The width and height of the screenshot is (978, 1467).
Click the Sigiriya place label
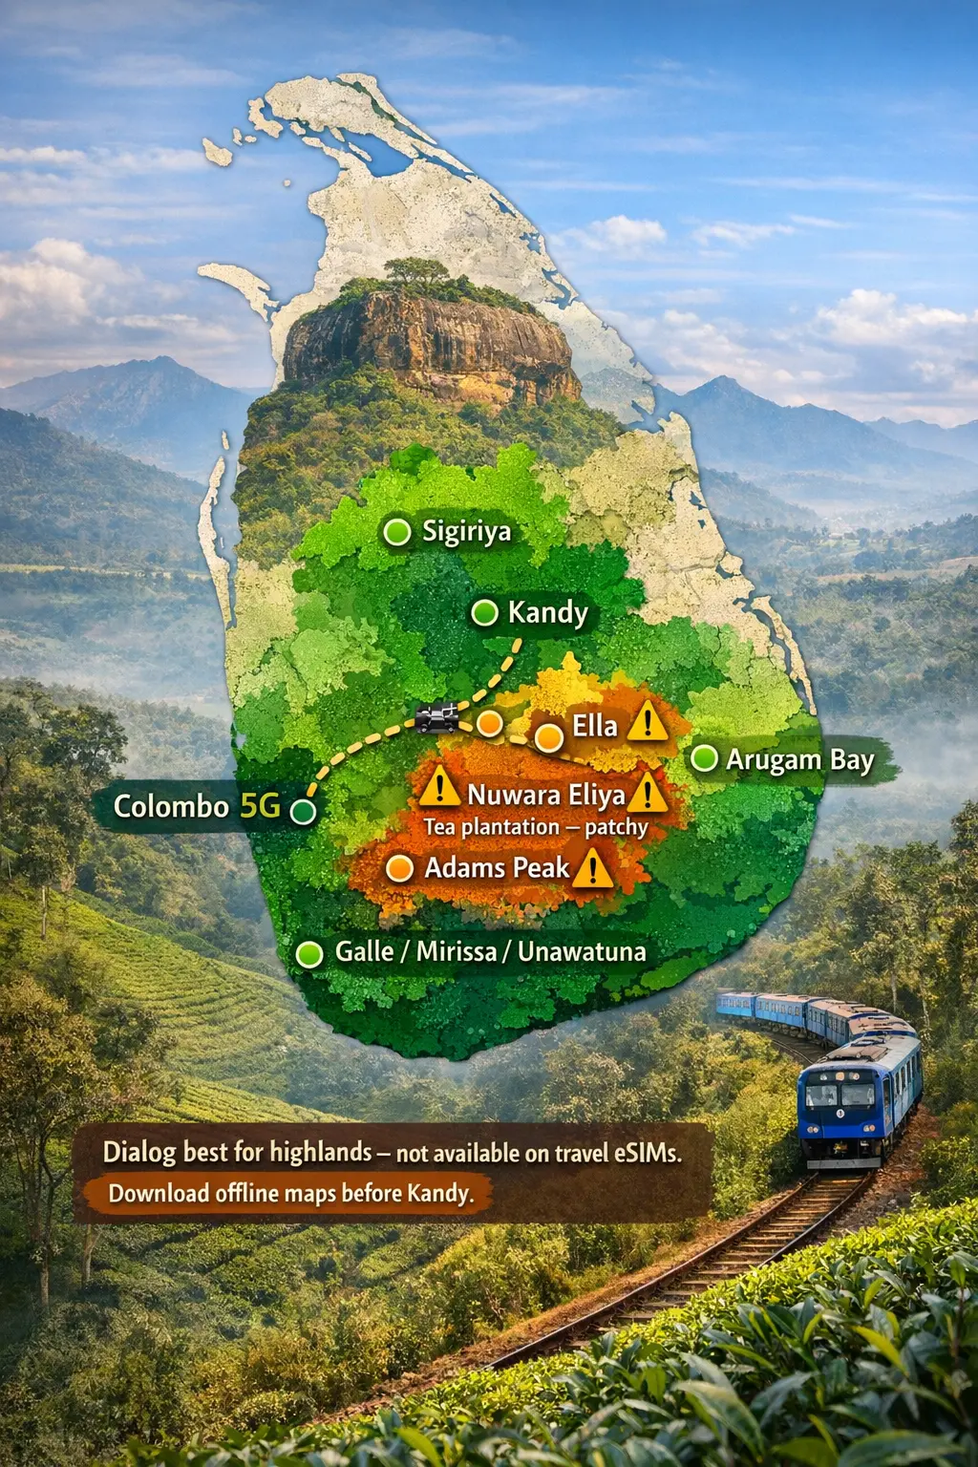466,531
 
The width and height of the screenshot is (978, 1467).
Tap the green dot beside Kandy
485,612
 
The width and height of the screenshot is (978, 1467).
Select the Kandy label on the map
547,612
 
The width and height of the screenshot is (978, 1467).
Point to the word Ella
594,726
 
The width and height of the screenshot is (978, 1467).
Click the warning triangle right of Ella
648,721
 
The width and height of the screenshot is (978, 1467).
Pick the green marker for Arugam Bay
704,758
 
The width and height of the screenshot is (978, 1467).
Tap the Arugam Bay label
799,760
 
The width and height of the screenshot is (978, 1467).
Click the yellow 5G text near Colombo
260,806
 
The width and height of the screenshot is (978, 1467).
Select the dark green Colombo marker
303,812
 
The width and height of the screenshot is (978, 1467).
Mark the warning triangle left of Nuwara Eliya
439,787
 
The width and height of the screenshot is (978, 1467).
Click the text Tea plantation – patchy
535,827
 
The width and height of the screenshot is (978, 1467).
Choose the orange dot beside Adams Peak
399,868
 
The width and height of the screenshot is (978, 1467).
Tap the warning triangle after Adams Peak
593,869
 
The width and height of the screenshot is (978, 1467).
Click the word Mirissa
456,951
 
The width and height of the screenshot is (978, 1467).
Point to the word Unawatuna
582,951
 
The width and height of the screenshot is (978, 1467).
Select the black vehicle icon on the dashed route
437,717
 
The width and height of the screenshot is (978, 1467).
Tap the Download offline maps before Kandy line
290,1193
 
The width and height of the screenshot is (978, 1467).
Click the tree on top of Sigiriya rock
417,272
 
